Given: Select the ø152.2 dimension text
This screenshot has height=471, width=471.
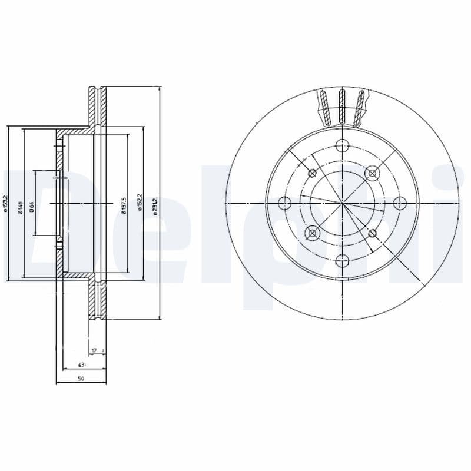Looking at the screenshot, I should pyautogui.click(x=140, y=204).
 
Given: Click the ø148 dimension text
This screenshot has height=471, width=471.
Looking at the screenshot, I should pyautogui.click(x=20, y=207).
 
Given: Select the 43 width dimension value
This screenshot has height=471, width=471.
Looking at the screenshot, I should pyautogui.click(x=80, y=365).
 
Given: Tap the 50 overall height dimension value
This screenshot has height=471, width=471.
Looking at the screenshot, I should pyautogui.click(x=81, y=379).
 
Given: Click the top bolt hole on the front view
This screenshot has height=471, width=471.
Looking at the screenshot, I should pyautogui.click(x=342, y=147).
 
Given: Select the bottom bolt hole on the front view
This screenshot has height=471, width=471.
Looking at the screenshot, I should pyautogui.click(x=342, y=260).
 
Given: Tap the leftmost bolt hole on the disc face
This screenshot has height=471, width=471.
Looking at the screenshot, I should pyautogui.click(x=285, y=204).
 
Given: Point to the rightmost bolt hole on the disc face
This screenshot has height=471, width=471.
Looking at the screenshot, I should pyautogui.click(x=399, y=204).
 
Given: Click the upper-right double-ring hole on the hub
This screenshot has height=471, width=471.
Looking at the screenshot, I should pyautogui.click(x=371, y=173).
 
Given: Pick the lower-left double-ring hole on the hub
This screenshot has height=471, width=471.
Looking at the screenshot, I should pyautogui.click(x=312, y=234).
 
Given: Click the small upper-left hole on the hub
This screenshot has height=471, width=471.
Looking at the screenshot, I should pyautogui.click(x=312, y=173).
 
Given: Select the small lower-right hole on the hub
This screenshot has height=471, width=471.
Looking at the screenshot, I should pyautogui.click(x=372, y=234).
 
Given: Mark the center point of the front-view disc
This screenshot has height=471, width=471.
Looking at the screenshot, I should pyautogui.click(x=342, y=204).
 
